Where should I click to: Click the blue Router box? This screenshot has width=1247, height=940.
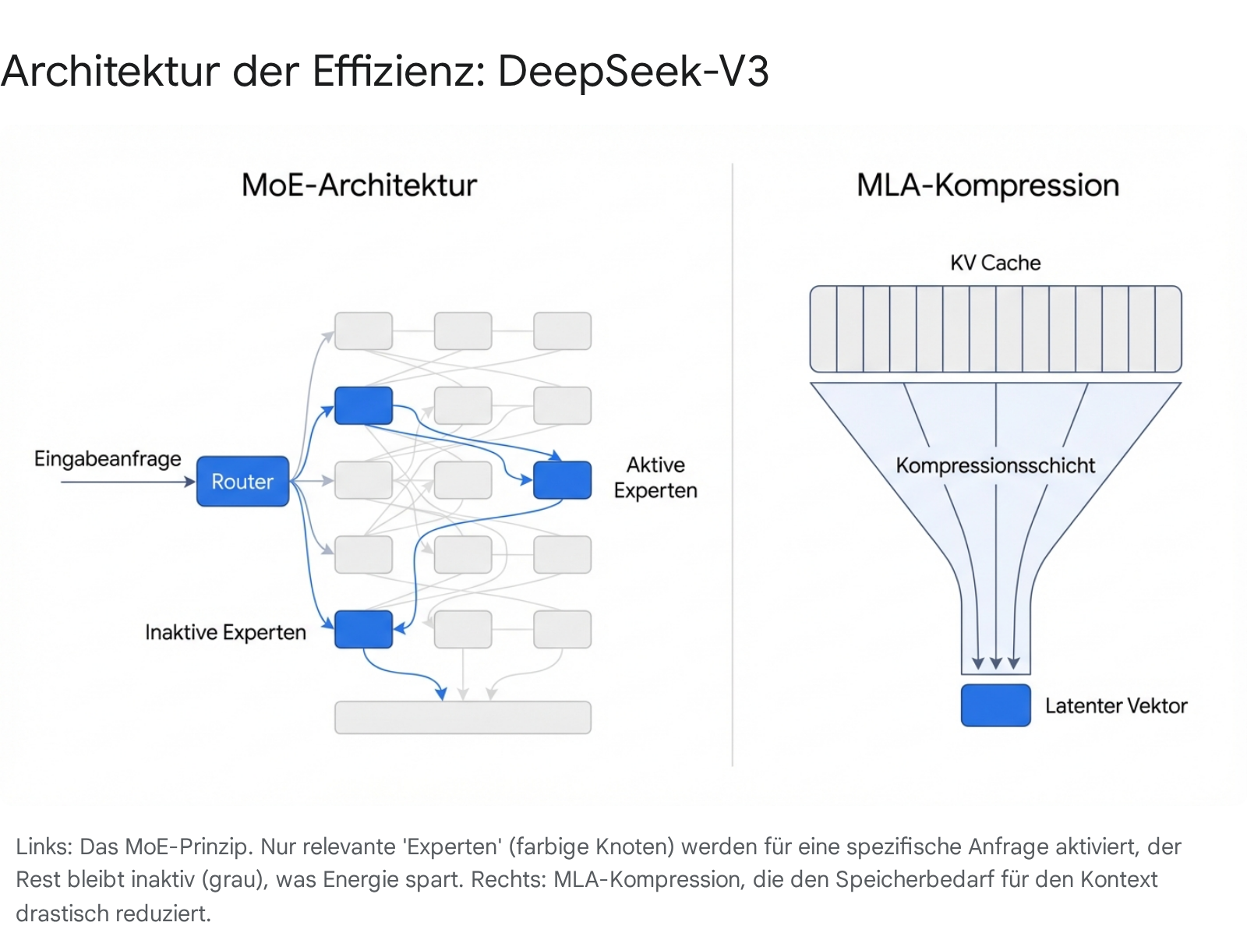pyautogui.click(x=242, y=481)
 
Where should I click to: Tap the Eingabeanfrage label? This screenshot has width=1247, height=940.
pyautogui.click(x=108, y=458)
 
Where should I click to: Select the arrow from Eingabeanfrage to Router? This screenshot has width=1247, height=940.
pyautogui.click(x=125, y=482)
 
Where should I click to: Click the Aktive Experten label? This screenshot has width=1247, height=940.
pyautogui.click(x=655, y=477)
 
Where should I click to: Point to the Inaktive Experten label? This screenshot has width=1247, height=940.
pyautogui.click(x=225, y=631)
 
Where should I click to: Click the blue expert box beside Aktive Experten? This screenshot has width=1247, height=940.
pyautogui.click(x=562, y=479)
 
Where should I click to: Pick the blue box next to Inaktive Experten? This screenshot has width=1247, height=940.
pyautogui.click(x=363, y=629)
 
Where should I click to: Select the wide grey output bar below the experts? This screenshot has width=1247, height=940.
pyautogui.click(x=462, y=717)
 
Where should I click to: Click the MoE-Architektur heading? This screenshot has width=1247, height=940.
pyautogui.click(x=359, y=186)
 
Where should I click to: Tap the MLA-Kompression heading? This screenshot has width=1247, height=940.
pyautogui.click(x=987, y=186)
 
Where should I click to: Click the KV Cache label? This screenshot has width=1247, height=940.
pyautogui.click(x=995, y=263)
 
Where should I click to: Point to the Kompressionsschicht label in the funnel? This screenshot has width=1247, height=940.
pyautogui.click(x=995, y=465)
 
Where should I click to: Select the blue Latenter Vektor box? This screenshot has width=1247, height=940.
pyautogui.click(x=995, y=705)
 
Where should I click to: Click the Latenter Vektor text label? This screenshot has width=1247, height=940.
pyautogui.click(x=1115, y=705)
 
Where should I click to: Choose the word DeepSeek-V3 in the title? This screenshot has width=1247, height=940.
pyautogui.click(x=633, y=71)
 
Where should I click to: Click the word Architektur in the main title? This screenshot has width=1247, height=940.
pyautogui.click(x=110, y=71)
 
